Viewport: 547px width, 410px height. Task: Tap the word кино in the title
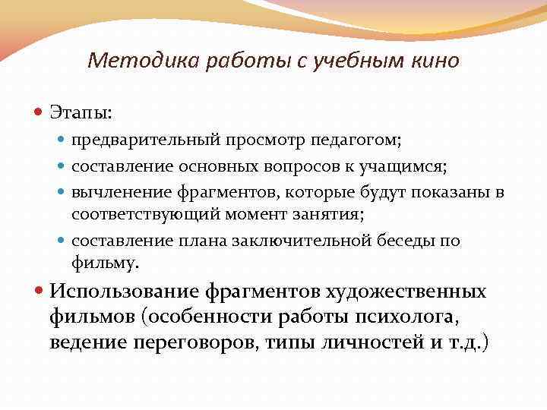[436, 60]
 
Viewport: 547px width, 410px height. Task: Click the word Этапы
[81, 112]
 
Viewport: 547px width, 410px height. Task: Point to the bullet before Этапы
[40, 112]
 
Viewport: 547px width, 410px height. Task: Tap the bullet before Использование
[40, 292]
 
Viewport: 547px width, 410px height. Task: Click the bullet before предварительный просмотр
[63, 140]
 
